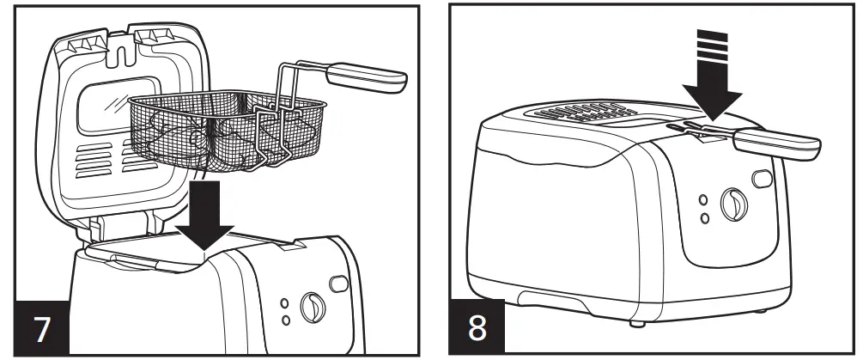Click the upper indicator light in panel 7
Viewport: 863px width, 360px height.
tap(285, 305)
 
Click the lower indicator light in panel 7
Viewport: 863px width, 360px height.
tap(285, 321)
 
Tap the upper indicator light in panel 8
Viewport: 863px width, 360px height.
tap(704, 201)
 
